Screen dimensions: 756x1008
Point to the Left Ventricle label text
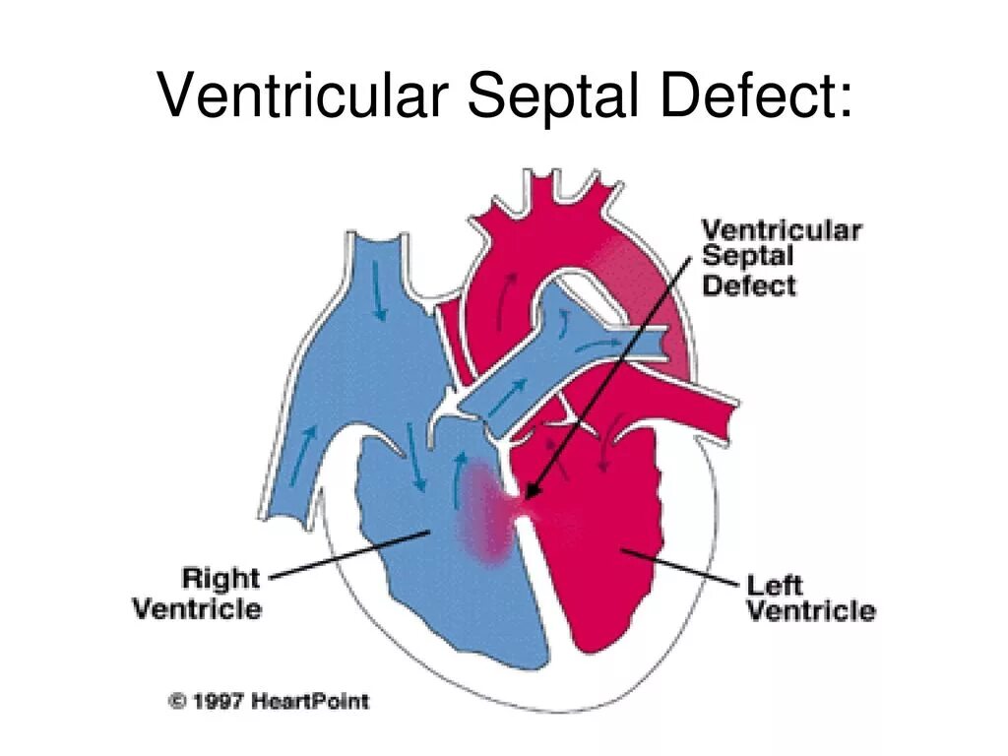[x=810, y=598]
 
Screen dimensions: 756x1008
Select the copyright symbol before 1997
[x=178, y=702]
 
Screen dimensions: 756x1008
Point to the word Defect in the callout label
[x=748, y=285]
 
